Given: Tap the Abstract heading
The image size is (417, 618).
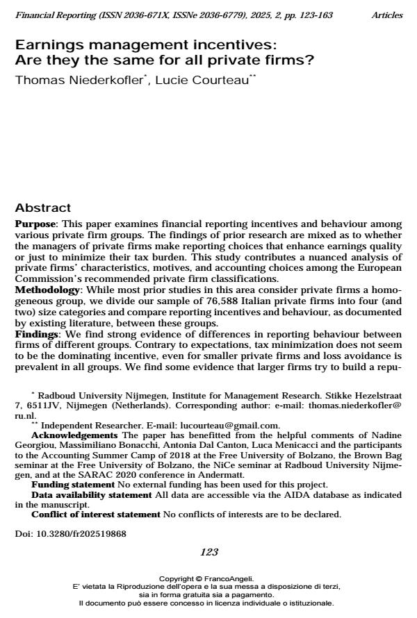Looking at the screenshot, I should pos(43,208).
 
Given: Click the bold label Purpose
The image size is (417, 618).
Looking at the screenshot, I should pos(35,224).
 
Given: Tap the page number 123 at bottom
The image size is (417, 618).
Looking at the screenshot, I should pos(209,553).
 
